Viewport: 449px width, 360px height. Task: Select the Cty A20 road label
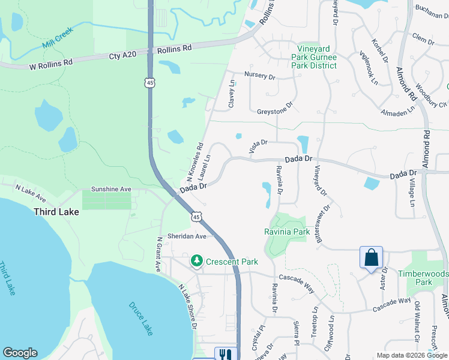(123, 56)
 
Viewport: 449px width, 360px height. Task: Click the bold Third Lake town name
(56, 212)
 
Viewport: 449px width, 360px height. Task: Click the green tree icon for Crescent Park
(196, 261)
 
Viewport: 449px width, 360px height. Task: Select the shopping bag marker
(372, 257)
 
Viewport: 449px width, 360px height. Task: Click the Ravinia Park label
(287, 232)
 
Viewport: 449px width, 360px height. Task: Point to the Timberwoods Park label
(423, 278)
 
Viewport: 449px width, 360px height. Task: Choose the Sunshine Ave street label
(110, 189)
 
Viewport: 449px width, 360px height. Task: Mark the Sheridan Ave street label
(187, 236)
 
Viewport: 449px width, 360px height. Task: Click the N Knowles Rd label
(196, 162)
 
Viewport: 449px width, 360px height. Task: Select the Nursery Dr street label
(259, 76)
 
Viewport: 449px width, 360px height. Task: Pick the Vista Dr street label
(257, 145)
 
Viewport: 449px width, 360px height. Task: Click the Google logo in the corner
(20, 353)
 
